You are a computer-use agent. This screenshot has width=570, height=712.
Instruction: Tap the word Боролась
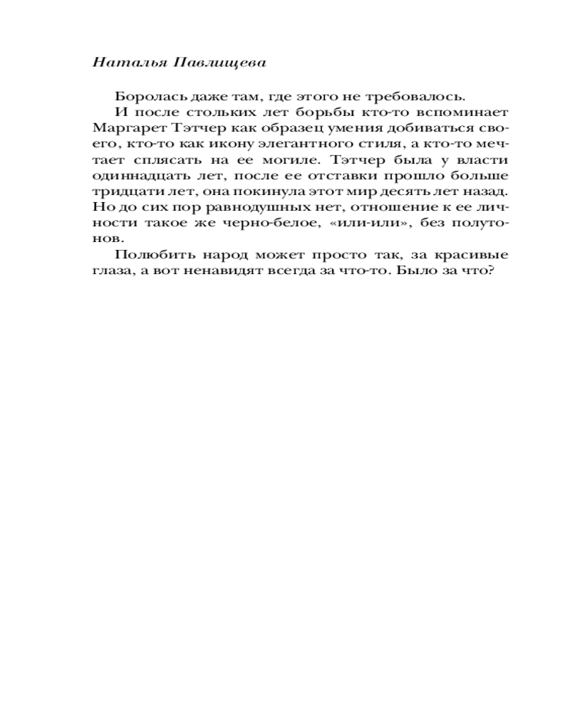point(144,97)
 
